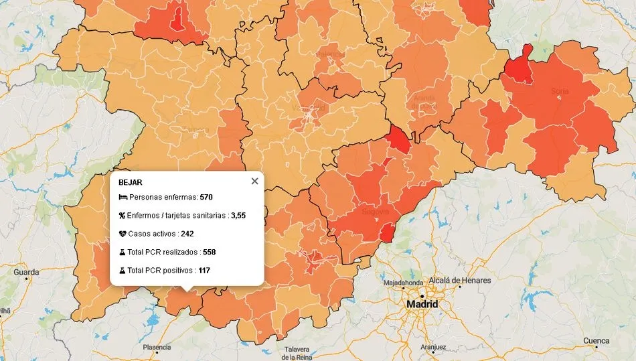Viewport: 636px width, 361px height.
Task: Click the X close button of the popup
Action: [x=254, y=181]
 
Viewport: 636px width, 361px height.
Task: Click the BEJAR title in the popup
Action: [x=130, y=182]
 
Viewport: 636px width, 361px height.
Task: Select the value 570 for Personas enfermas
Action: [x=206, y=198]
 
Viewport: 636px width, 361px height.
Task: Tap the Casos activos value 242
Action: [x=187, y=234]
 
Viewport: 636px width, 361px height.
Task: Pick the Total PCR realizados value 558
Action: [x=209, y=252]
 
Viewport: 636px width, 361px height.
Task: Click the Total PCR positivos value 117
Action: [x=204, y=271]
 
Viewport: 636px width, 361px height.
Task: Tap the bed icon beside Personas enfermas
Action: [x=123, y=198]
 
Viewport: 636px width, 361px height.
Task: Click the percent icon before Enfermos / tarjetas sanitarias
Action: [x=123, y=216]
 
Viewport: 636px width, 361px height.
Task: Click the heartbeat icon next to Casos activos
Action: [x=123, y=234]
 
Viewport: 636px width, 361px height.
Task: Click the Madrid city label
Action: [x=422, y=304]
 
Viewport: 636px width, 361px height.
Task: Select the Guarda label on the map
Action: [x=26, y=273]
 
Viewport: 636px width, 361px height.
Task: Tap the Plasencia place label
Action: [x=157, y=347]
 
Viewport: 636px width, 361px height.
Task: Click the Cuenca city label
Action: [x=596, y=341]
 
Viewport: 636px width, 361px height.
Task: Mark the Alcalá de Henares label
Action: [x=460, y=280]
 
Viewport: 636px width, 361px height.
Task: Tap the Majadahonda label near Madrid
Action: [x=402, y=283]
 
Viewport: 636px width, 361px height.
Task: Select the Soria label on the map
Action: [x=559, y=90]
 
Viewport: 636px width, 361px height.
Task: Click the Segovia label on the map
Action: [x=375, y=212]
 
